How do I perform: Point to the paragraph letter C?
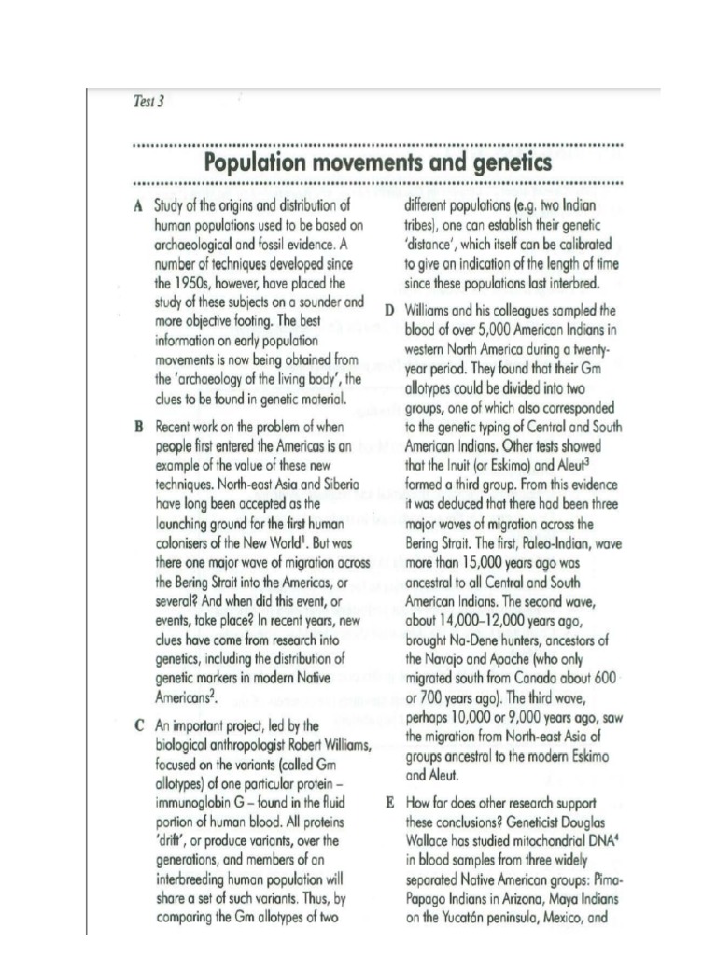[138, 724]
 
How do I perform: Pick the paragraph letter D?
[388, 310]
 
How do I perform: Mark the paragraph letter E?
[388, 803]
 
